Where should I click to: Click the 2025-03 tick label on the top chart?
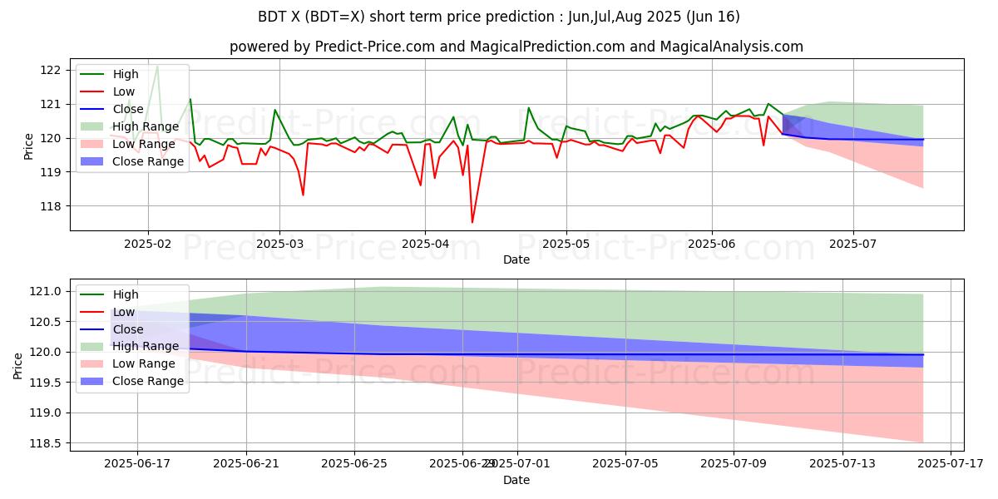(x=279, y=243)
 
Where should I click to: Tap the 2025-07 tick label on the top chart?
(x=853, y=243)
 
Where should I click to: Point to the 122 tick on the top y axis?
(x=51, y=70)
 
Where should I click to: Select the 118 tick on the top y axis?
(x=51, y=206)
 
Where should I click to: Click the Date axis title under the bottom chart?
(x=516, y=480)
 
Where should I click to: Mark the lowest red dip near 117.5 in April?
(x=472, y=222)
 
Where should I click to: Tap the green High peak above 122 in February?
(x=157, y=65)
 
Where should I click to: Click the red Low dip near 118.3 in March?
(x=303, y=195)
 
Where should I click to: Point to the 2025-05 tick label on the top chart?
(x=566, y=243)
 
